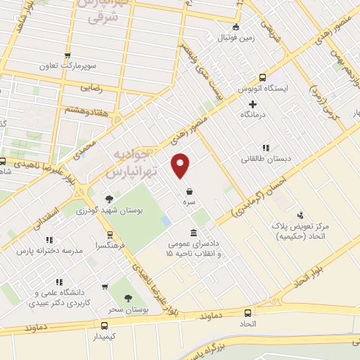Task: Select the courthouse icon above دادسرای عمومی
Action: click(193, 233)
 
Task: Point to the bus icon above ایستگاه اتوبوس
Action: click(262, 78)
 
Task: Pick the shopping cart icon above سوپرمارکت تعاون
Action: click(67, 56)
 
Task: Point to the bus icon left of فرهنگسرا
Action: click(110, 236)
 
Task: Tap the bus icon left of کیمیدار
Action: click(104, 326)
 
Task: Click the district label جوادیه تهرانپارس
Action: click(132, 162)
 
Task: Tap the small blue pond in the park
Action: click(166, 221)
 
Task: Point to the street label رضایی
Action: click(93, 89)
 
